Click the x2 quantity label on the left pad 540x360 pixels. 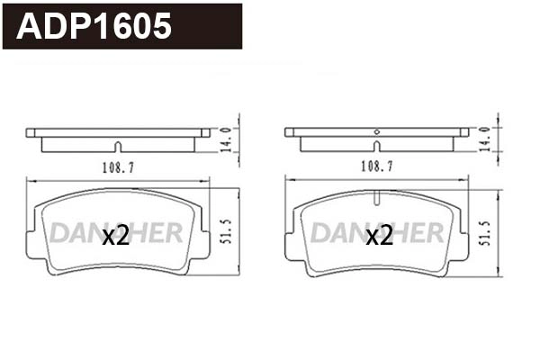click(x=116, y=236)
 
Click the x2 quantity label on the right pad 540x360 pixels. click(x=379, y=236)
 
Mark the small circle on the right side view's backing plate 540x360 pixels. click(x=376, y=132)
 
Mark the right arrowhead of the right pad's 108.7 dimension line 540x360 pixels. click(x=466, y=177)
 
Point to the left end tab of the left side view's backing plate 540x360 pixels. click(x=31, y=132)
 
